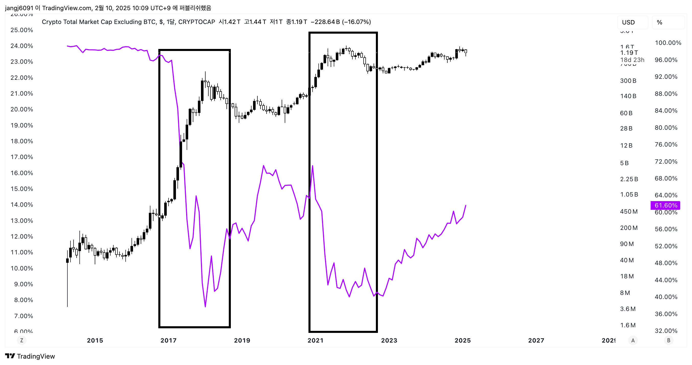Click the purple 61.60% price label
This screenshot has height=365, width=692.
pyautogui.click(x=665, y=205)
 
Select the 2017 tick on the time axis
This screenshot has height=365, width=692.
pyautogui.click(x=169, y=340)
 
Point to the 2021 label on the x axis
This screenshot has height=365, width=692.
pyautogui.click(x=315, y=340)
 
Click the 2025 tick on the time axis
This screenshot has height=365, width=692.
pyautogui.click(x=463, y=340)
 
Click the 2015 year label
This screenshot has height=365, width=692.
pyautogui.click(x=95, y=340)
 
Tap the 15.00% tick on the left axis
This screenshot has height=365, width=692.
pyautogui.click(x=22, y=189)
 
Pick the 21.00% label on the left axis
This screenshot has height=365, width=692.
pyautogui.click(x=22, y=94)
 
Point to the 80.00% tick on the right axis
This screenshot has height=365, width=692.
pyautogui.click(x=666, y=128)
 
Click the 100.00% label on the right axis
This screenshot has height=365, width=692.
pyautogui.click(x=668, y=43)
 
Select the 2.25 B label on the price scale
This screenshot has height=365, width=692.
pyautogui.click(x=629, y=179)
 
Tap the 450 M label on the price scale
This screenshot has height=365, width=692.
pyautogui.click(x=629, y=211)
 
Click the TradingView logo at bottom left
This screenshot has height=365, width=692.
pyautogui.click(x=30, y=356)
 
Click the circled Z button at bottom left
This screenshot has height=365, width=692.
pyautogui.click(x=22, y=340)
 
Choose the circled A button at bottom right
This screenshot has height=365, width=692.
pyautogui.click(x=633, y=340)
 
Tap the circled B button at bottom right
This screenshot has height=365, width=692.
pyautogui.click(x=669, y=340)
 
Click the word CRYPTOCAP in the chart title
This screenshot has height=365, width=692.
pyautogui.click(x=196, y=22)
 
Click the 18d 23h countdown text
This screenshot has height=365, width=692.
pyautogui.click(x=632, y=60)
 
